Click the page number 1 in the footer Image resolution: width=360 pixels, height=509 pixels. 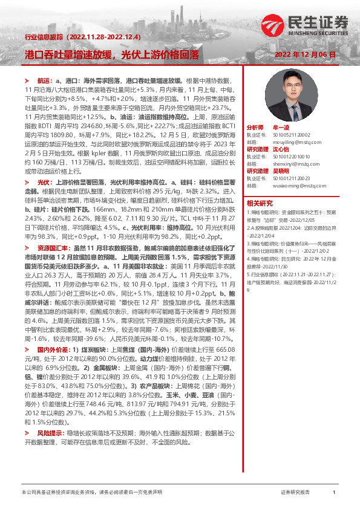coord(334,493)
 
